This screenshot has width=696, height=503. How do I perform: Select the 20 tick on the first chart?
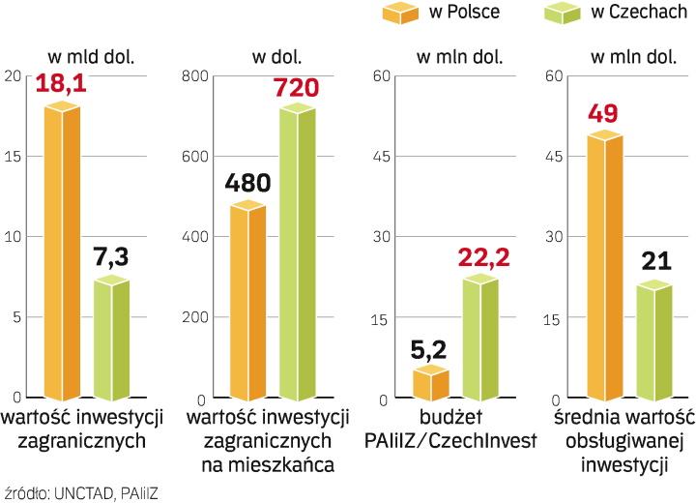coord(11,76)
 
